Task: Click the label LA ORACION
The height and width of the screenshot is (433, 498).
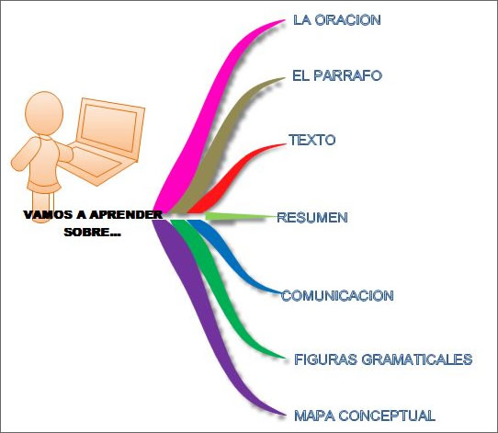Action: pyautogui.click(x=337, y=20)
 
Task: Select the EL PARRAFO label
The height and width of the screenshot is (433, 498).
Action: pyautogui.click(x=337, y=75)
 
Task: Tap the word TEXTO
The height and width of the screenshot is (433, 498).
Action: pyautogui.click(x=311, y=140)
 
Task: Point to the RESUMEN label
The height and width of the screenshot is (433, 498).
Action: pyautogui.click(x=312, y=218)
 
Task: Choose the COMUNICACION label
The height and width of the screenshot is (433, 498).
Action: pyautogui.click(x=337, y=296)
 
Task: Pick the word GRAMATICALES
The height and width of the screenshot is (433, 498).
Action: pyautogui.click(x=417, y=359)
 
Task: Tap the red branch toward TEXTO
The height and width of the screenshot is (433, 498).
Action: pyautogui.click(x=232, y=178)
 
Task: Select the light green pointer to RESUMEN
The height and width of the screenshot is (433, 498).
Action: pyautogui.click(x=242, y=216)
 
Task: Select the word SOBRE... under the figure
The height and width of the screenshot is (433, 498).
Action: pyautogui.click(x=93, y=233)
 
